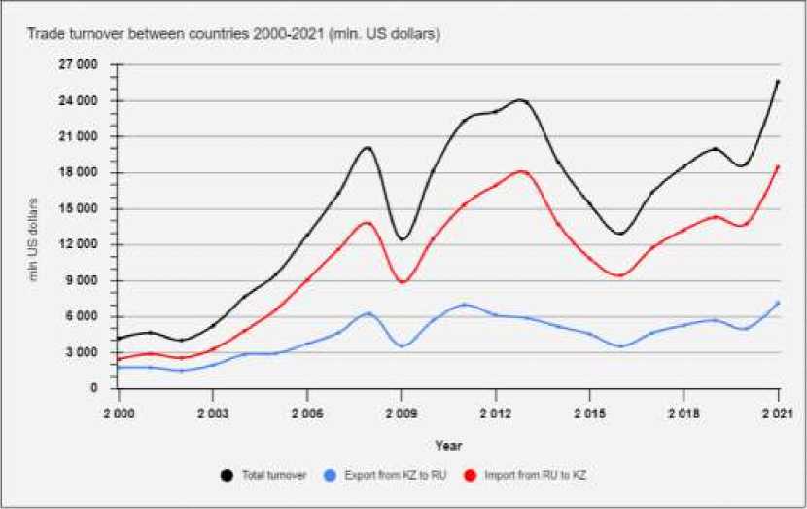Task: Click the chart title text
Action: click(234, 34)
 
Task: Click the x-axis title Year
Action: click(448, 445)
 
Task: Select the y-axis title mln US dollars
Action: click(33, 239)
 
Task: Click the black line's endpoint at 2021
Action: click(778, 82)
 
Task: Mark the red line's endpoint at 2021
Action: click(778, 166)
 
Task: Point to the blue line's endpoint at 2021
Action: click(778, 303)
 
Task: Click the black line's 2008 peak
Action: click(368, 148)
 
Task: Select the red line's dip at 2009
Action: click(403, 282)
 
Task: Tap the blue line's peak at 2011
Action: click(465, 305)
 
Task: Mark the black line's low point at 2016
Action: click(620, 234)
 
